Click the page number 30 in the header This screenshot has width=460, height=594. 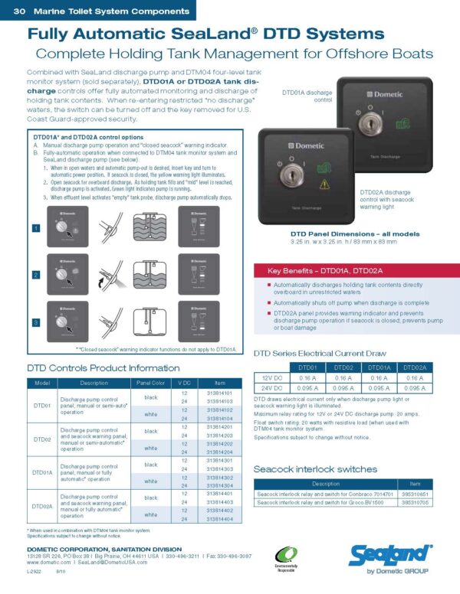coord(20,11)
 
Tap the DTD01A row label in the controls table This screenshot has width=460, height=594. coord(43,473)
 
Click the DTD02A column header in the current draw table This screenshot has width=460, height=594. coord(415,367)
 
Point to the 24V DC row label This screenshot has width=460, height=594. coord(271,389)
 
